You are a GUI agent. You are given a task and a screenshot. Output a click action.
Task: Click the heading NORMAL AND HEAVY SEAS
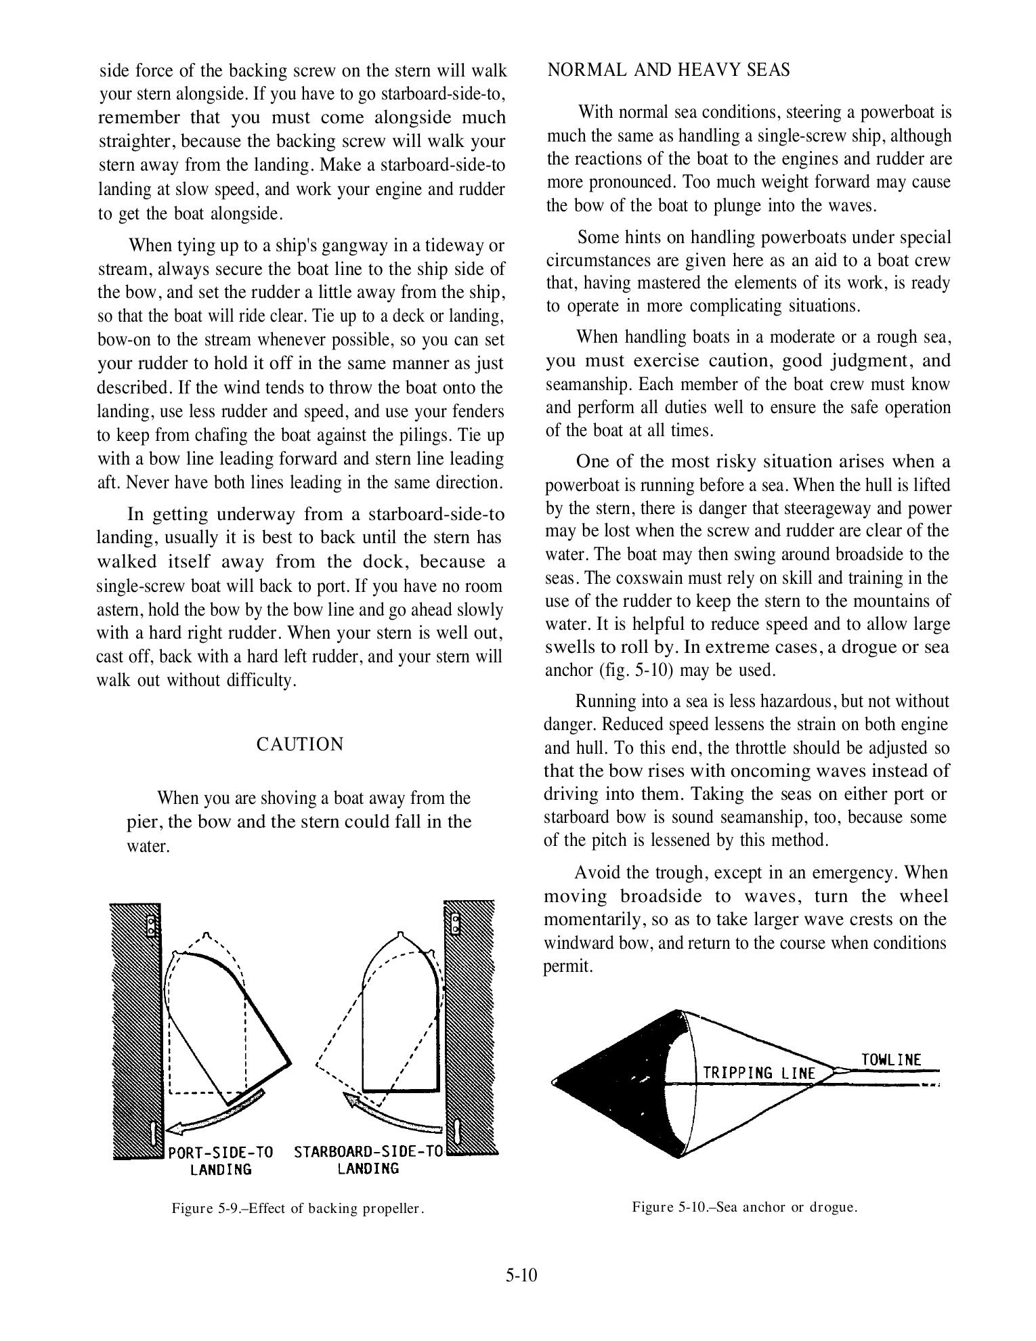[668, 70]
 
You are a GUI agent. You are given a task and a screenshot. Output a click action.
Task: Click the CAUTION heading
[300, 744]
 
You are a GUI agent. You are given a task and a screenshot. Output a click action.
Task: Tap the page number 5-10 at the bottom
[520, 1275]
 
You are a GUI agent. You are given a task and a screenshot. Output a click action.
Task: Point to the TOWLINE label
[891, 1060]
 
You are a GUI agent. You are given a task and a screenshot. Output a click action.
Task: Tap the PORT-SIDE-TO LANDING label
[221, 1160]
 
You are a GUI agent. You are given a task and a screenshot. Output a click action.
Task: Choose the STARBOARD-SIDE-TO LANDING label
[368, 1159]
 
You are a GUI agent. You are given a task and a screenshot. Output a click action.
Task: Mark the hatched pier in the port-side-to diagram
[135, 1029]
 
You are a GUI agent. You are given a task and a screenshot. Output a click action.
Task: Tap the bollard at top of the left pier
[152, 925]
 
